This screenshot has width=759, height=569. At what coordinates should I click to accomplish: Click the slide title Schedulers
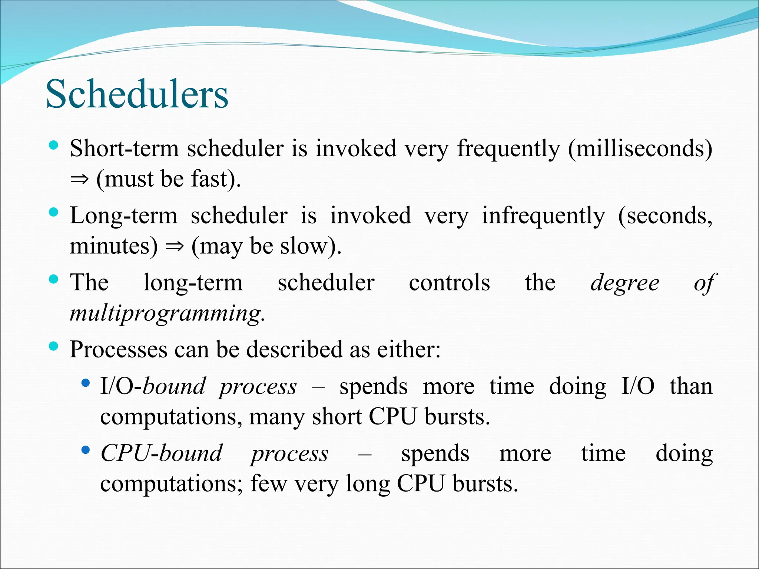pyautogui.click(x=137, y=94)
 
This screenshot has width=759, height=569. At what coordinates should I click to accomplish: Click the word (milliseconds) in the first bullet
pyautogui.click(x=640, y=149)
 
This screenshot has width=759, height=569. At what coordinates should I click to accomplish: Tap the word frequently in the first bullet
pyautogui.click(x=508, y=149)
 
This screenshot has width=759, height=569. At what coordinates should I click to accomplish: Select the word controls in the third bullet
pyautogui.click(x=449, y=283)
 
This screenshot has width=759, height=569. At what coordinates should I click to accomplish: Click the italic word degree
pyautogui.click(x=625, y=283)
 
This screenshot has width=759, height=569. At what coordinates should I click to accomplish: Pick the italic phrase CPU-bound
pyautogui.click(x=161, y=453)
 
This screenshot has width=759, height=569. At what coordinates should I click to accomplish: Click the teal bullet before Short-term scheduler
pyautogui.click(x=54, y=145)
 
